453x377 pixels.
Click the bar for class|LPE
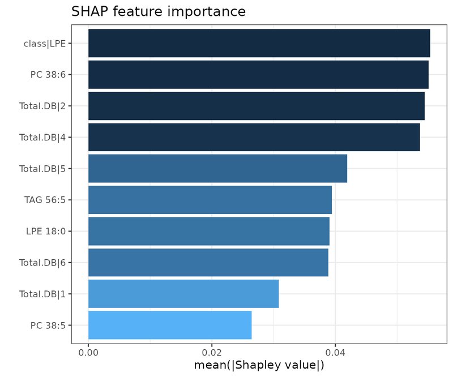[259, 43]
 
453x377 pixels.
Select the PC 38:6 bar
[258, 75]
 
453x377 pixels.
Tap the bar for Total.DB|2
[257, 106]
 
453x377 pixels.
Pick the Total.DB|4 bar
[254, 137]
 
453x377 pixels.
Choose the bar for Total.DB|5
[218, 169]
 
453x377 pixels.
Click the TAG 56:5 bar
[210, 200]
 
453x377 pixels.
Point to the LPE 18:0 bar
[209, 231]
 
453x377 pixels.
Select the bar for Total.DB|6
[208, 262]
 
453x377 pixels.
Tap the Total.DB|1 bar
[183, 294]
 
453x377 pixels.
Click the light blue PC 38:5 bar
[170, 325]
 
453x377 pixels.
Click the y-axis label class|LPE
[45, 44]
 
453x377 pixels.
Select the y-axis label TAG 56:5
[45, 200]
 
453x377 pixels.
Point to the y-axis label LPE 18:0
[46, 231]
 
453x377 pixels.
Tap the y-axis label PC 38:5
[48, 325]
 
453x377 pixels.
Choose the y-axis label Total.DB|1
[42, 294]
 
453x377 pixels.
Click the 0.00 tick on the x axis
[88, 353]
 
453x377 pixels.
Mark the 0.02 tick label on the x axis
[212, 353]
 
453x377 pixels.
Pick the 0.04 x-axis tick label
[335, 353]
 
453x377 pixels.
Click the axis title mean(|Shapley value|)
[259, 365]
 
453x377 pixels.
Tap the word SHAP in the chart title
[89, 11]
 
